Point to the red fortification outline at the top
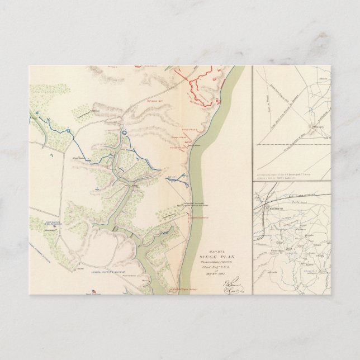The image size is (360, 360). (201, 87)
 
